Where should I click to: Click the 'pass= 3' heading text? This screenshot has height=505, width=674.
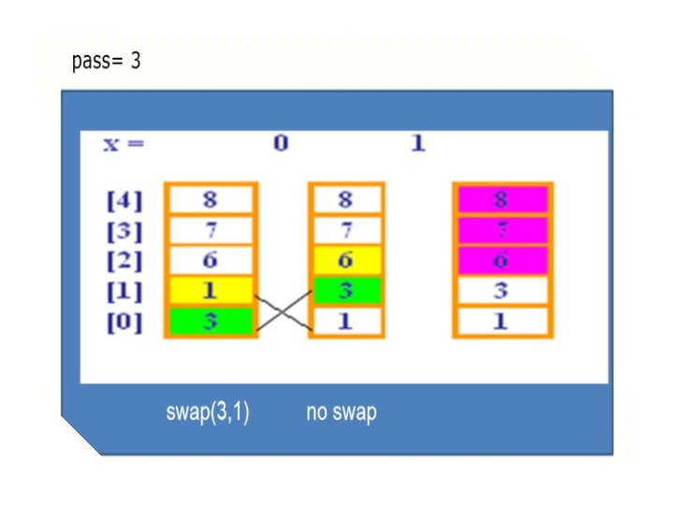coord(106,64)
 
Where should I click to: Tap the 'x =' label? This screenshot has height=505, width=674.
coord(124,145)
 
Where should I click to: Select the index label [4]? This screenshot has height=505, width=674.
coord(125,200)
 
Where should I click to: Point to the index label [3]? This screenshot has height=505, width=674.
coord(125,230)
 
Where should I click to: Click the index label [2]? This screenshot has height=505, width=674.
coord(125,260)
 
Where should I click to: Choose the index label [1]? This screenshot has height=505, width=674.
coord(125,291)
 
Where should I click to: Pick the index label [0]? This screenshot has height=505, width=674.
coord(125,322)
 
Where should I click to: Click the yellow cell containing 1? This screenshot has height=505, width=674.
coord(211,291)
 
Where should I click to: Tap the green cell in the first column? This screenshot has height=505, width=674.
coord(211,322)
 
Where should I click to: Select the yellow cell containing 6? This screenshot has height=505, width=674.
coord(346,260)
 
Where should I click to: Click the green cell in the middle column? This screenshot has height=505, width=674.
coord(346,291)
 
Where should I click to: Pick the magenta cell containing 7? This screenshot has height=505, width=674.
coord(503,230)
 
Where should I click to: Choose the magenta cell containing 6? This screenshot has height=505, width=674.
coord(503,260)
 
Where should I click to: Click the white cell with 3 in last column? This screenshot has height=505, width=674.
coord(503,291)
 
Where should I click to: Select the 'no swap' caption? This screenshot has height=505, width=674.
coord(341,412)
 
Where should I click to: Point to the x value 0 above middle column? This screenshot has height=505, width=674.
coord(280,145)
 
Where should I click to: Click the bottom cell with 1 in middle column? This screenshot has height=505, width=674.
coord(346,322)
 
